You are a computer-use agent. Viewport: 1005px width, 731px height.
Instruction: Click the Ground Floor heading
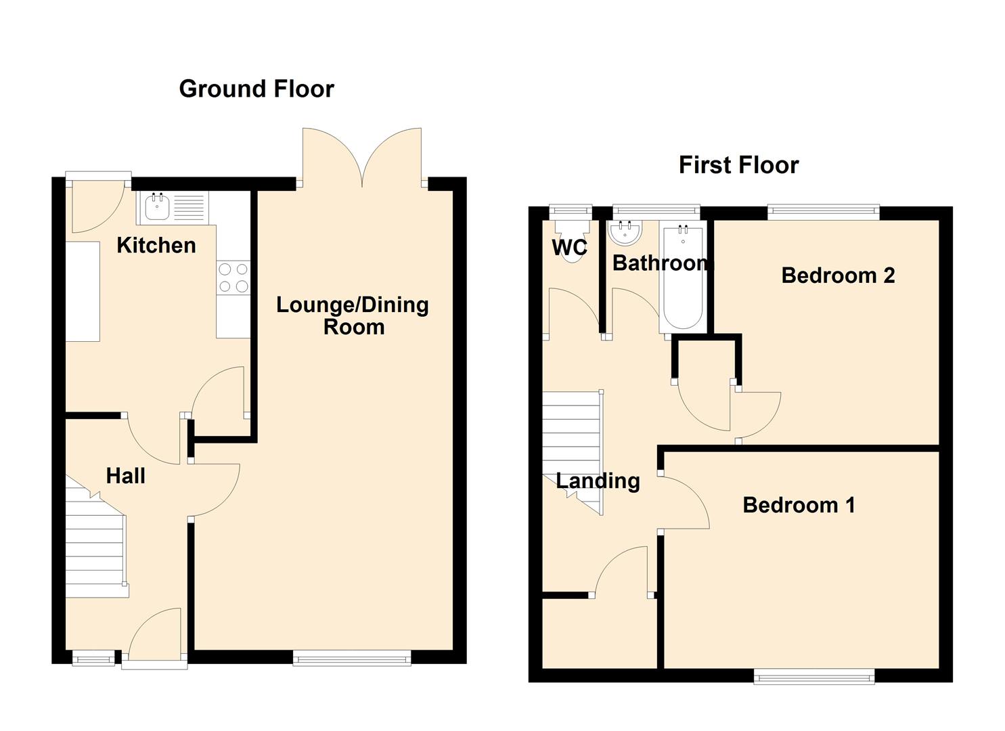coord(256,89)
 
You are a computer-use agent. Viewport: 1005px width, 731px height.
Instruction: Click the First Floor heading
coord(738,165)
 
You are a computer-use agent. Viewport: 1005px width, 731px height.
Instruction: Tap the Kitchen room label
coord(156,246)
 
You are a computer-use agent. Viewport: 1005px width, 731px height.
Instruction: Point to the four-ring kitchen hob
coord(233,278)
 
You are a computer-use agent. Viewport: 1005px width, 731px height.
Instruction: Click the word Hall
coord(126,476)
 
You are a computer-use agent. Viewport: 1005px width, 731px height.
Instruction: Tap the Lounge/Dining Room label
coord(353,315)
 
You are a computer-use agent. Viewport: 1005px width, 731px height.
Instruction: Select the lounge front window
coord(352,659)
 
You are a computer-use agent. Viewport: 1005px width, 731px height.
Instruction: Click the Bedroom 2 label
coord(838,275)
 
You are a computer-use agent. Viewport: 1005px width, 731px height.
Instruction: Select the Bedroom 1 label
coord(799,506)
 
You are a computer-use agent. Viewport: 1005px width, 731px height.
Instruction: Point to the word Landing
coord(598,481)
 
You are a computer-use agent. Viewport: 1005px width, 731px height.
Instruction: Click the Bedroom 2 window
coord(824,211)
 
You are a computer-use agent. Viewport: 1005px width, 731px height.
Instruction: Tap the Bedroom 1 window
coord(814,676)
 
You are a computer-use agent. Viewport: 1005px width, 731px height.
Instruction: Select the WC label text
coord(569,247)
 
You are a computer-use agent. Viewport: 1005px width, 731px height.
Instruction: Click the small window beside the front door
coord(93,659)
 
